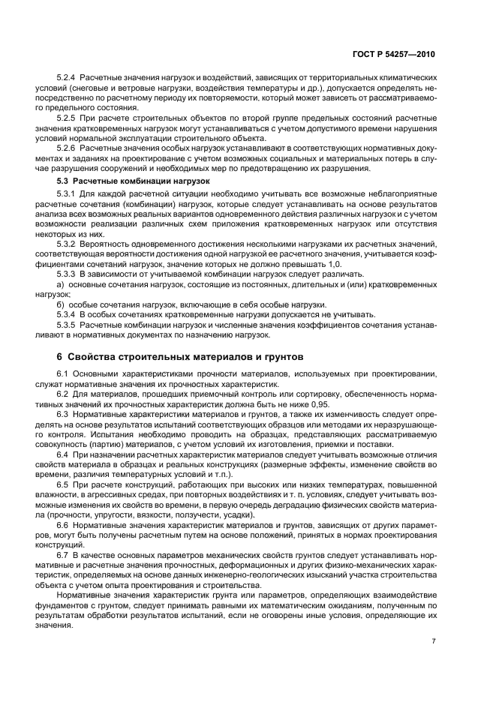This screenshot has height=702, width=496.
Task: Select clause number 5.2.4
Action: pyautogui.click(x=67, y=79)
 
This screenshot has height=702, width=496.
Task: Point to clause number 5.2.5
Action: pyautogui.click(x=67, y=118)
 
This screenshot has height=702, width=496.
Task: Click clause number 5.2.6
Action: pyautogui.click(x=67, y=148)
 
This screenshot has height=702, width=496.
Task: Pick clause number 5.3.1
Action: pyautogui.click(x=67, y=194)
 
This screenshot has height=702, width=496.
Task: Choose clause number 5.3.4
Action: pyautogui.click(x=67, y=314)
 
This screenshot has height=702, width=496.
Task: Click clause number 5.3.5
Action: pyautogui.click(x=67, y=325)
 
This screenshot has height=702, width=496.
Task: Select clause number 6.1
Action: pyautogui.click(x=63, y=373)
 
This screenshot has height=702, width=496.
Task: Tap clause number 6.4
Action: pyautogui.click(x=63, y=454)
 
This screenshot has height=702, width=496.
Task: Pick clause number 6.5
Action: pyautogui.click(x=63, y=485)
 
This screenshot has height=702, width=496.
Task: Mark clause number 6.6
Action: pyautogui.click(x=63, y=526)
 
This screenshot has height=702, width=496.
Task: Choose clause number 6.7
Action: pyautogui.click(x=63, y=556)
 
